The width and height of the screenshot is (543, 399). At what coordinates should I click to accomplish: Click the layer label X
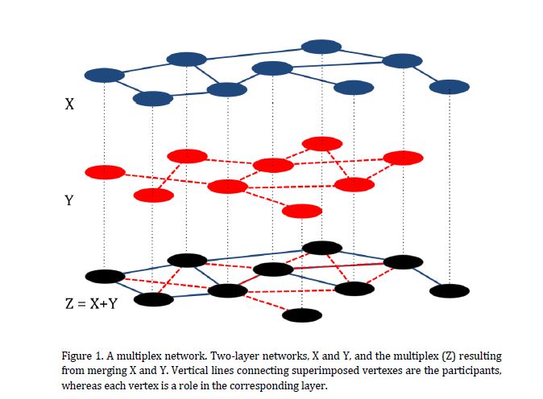69,104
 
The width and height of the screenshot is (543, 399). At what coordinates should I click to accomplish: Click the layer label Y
69,201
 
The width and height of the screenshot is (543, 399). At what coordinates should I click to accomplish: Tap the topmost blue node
321,47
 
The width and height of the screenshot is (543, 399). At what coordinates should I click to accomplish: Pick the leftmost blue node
104,75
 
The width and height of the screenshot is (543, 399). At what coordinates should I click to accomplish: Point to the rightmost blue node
450,85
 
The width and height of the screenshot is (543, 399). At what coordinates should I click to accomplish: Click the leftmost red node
105,171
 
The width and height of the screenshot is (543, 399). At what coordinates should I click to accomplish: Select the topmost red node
321,143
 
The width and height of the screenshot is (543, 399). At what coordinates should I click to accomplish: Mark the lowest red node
302,211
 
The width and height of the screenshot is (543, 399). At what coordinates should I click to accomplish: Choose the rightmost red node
403,157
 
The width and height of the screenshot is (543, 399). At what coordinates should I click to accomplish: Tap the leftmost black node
105,276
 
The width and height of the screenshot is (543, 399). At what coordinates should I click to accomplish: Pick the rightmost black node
450,290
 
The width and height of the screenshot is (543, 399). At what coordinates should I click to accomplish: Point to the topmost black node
321,247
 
